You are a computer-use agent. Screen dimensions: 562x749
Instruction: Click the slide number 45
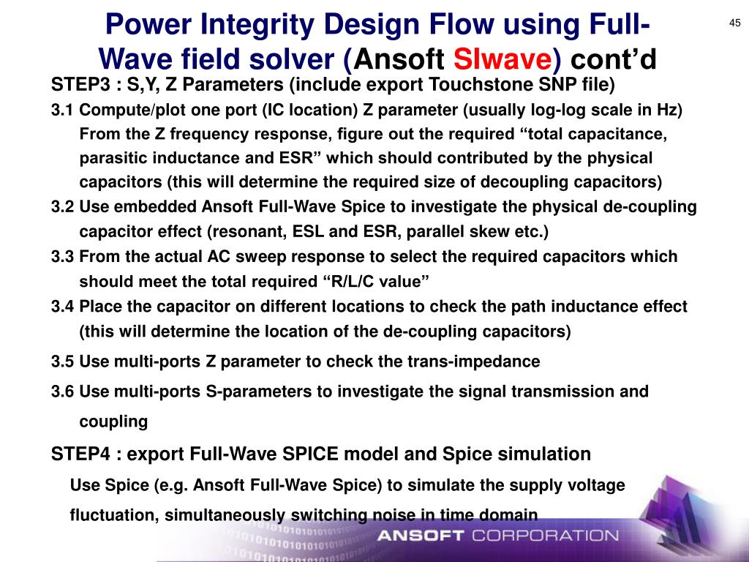(735, 23)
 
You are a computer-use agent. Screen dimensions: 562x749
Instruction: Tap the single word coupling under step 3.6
(113, 421)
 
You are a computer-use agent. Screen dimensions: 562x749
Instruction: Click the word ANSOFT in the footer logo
(420, 536)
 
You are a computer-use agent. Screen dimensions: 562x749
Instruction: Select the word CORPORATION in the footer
(545, 536)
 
